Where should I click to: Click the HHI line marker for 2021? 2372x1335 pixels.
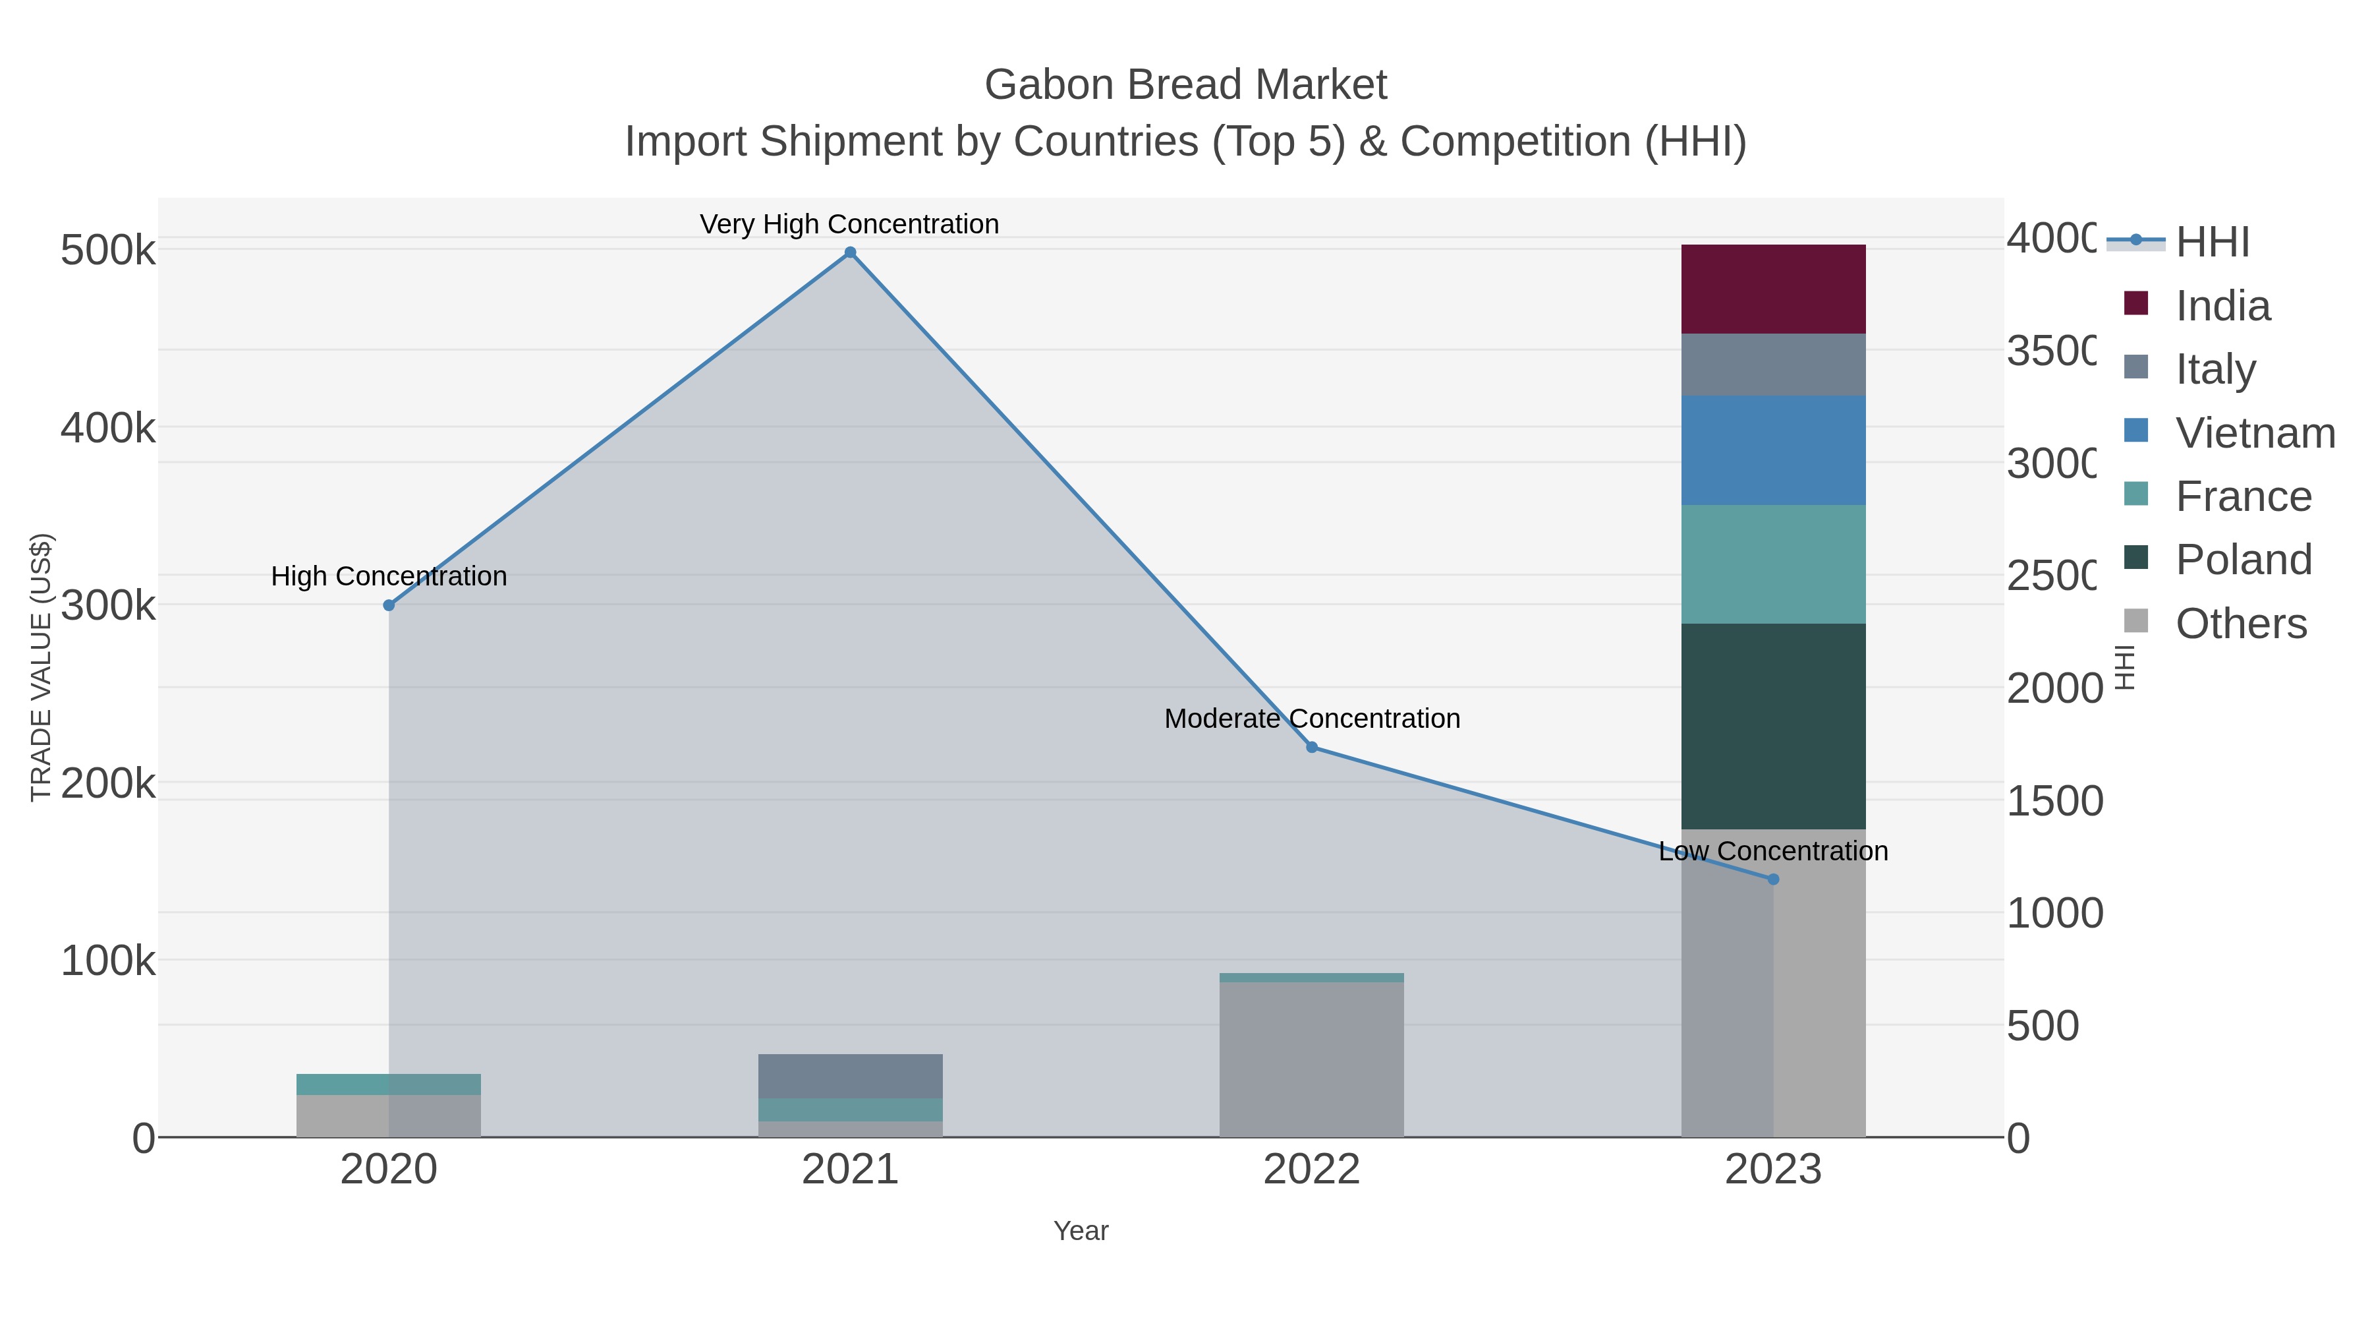(x=850, y=252)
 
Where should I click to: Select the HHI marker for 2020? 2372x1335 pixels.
(x=389, y=605)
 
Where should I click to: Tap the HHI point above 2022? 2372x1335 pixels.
(x=1312, y=747)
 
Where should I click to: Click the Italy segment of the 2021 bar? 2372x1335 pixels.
(x=850, y=1075)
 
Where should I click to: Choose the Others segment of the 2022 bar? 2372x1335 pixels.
(x=1312, y=1059)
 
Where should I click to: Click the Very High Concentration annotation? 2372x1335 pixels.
(x=849, y=224)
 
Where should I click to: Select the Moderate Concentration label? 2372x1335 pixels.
(x=1312, y=719)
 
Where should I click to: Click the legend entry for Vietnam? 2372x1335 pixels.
(x=2254, y=433)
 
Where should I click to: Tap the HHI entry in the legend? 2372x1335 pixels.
(x=2212, y=243)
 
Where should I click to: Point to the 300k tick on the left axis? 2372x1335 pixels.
(x=108, y=605)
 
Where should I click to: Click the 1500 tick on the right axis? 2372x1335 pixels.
(x=2053, y=800)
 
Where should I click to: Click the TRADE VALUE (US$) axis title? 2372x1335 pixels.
(x=40, y=667)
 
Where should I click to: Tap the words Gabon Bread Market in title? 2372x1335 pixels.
(x=1185, y=85)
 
